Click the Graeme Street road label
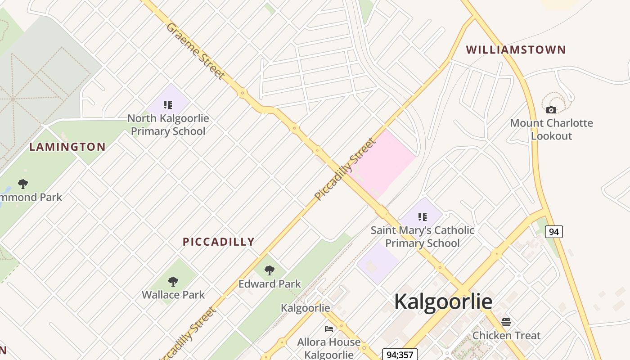pyautogui.click(x=195, y=51)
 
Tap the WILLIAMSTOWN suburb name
pyautogui.click(x=516, y=49)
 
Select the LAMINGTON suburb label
pyautogui.click(x=67, y=147)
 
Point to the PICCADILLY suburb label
pyautogui.click(x=219, y=242)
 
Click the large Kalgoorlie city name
pyautogui.click(x=443, y=301)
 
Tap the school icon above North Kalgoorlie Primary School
pyautogui.click(x=168, y=105)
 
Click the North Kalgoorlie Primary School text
pyautogui.click(x=168, y=125)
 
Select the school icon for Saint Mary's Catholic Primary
pyautogui.click(x=422, y=217)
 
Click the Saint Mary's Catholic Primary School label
pyautogui.click(x=422, y=237)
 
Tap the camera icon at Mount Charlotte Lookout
pyautogui.click(x=551, y=110)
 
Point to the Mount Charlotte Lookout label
pyautogui.click(x=551, y=129)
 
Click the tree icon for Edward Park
pyautogui.click(x=270, y=270)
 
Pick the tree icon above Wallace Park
pyautogui.click(x=173, y=282)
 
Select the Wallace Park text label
pyautogui.click(x=173, y=295)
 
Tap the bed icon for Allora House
pyautogui.click(x=329, y=329)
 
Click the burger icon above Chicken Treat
pyautogui.click(x=506, y=322)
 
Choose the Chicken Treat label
pyautogui.click(x=506, y=335)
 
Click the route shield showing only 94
pyautogui.click(x=554, y=232)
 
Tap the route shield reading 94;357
pyautogui.click(x=400, y=355)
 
